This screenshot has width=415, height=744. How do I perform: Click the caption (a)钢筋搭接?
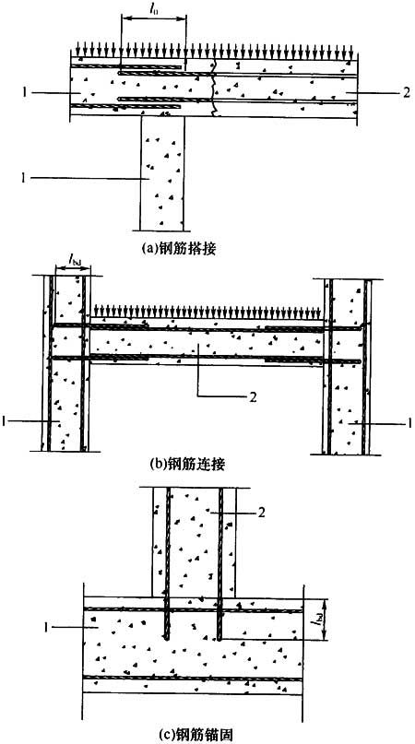click(x=183, y=248)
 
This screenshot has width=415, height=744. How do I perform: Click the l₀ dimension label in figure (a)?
click(x=152, y=8)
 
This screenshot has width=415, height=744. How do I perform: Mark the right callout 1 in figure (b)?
click(x=409, y=422)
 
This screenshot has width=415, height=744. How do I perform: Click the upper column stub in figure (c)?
click(x=193, y=542)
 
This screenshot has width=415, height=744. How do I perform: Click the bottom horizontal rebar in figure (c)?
click(x=193, y=679)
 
